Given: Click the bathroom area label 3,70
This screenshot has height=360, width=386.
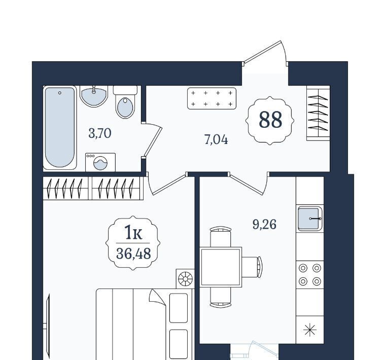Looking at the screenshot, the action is [x=100, y=134].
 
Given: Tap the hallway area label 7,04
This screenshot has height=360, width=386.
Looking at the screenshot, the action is [x=216, y=140].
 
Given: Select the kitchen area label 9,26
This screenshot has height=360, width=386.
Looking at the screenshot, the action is [x=265, y=225].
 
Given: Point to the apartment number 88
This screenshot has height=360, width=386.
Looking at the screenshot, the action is [x=270, y=120].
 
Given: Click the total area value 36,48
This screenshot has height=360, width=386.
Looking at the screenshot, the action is [x=133, y=254].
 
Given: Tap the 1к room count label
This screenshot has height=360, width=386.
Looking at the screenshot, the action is [x=133, y=233].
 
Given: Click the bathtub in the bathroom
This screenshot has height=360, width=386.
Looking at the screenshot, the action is [x=60, y=127].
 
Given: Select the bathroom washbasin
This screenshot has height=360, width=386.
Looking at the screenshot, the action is [x=94, y=96].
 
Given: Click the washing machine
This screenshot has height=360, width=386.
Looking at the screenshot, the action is [x=100, y=162].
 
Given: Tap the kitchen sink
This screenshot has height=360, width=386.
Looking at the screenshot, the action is [x=310, y=219].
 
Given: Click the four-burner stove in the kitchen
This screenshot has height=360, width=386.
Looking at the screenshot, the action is [x=310, y=274].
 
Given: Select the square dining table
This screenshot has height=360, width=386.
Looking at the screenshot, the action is [x=221, y=267].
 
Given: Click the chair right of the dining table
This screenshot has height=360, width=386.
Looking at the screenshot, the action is [x=252, y=267].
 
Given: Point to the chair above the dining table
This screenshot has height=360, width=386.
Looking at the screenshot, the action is [x=221, y=237].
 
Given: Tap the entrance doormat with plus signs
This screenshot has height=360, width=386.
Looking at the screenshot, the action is [x=212, y=98].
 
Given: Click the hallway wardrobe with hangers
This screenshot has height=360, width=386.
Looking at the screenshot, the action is [x=318, y=113].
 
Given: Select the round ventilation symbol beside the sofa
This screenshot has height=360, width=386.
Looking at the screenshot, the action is [x=185, y=279].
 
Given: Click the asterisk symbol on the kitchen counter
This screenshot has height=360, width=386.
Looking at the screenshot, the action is [x=310, y=330].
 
